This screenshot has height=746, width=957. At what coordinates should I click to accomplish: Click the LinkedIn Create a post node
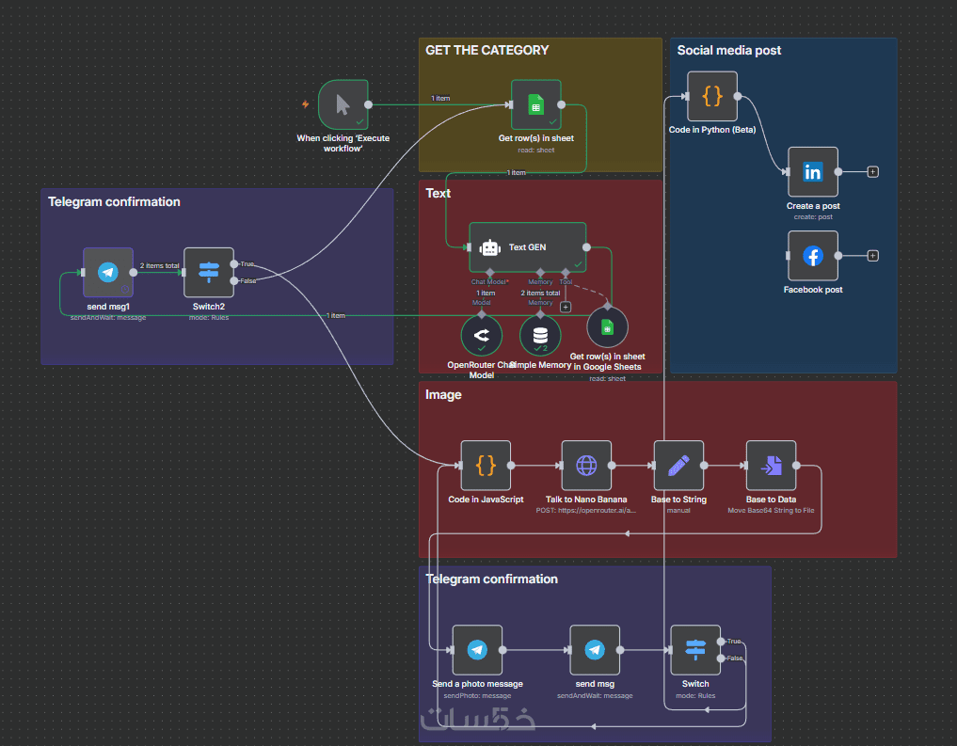click(x=812, y=172)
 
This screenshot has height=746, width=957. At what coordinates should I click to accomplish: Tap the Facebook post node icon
click(x=812, y=255)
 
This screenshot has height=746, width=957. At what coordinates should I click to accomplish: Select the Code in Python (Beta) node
click(x=711, y=96)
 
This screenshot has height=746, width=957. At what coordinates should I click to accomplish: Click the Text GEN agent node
click(x=527, y=247)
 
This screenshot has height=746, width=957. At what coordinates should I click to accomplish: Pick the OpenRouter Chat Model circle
click(x=481, y=335)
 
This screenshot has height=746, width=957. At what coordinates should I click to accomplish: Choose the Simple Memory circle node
click(x=539, y=335)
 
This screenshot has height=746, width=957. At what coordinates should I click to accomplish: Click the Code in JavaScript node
click(x=486, y=465)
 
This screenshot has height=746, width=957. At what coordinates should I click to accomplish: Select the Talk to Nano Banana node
click(x=586, y=465)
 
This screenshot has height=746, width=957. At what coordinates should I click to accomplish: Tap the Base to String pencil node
click(x=678, y=465)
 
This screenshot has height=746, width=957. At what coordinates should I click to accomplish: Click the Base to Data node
click(x=771, y=465)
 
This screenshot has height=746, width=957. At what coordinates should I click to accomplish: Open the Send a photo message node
click(x=477, y=649)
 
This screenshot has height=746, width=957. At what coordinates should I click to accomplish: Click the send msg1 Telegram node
click(x=107, y=273)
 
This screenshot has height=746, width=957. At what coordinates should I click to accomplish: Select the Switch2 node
click(x=208, y=273)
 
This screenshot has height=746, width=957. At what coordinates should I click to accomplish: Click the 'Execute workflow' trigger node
click(x=343, y=104)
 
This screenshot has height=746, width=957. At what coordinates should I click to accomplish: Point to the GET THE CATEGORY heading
click(x=486, y=50)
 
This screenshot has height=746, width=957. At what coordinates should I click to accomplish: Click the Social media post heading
click(x=728, y=50)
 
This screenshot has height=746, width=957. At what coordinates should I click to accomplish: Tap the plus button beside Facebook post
click(x=872, y=255)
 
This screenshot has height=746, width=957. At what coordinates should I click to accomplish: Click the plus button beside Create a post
click(x=872, y=172)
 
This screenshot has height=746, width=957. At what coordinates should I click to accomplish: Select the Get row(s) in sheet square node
click(x=535, y=104)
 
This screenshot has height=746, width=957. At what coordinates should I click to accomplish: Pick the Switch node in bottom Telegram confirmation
click(x=695, y=649)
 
